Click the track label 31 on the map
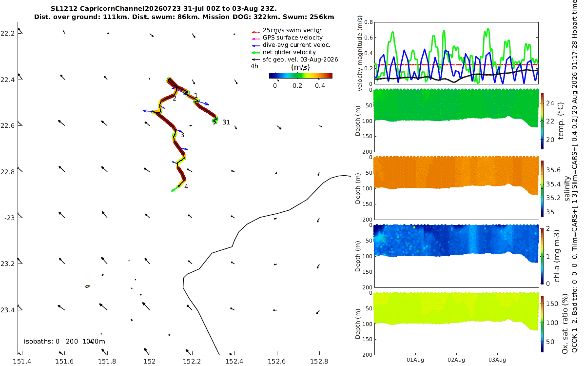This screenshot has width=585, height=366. click(x=226, y=122)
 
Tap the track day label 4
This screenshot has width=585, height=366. click(x=186, y=186)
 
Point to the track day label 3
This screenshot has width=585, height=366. click(x=182, y=135)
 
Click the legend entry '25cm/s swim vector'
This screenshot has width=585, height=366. click(x=292, y=30)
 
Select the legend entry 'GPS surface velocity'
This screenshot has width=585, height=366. click(x=292, y=38)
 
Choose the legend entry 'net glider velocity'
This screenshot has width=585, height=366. click(x=289, y=52)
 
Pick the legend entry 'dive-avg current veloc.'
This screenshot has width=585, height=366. click(x=296, y=45)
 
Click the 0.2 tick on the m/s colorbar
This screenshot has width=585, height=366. click(x=297, y=86)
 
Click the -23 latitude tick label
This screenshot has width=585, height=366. click(x=10, y=218)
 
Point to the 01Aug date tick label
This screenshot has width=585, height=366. click(x=415, y=360)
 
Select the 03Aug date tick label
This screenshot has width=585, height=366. click(x=497, y=360)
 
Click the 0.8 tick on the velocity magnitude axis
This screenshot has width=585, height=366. click(x=369, y=22)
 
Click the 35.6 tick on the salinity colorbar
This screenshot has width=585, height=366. click(x=553, y=170)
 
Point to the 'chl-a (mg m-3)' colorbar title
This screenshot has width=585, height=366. click(x=557, y=256)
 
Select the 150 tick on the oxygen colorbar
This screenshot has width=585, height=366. click(x=552, y=304)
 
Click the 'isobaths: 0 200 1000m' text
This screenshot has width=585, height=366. click(x=64, y=342)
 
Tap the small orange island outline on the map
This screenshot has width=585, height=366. click(x=87, y=286)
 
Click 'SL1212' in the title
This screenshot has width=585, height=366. click(x=64, y=9)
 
